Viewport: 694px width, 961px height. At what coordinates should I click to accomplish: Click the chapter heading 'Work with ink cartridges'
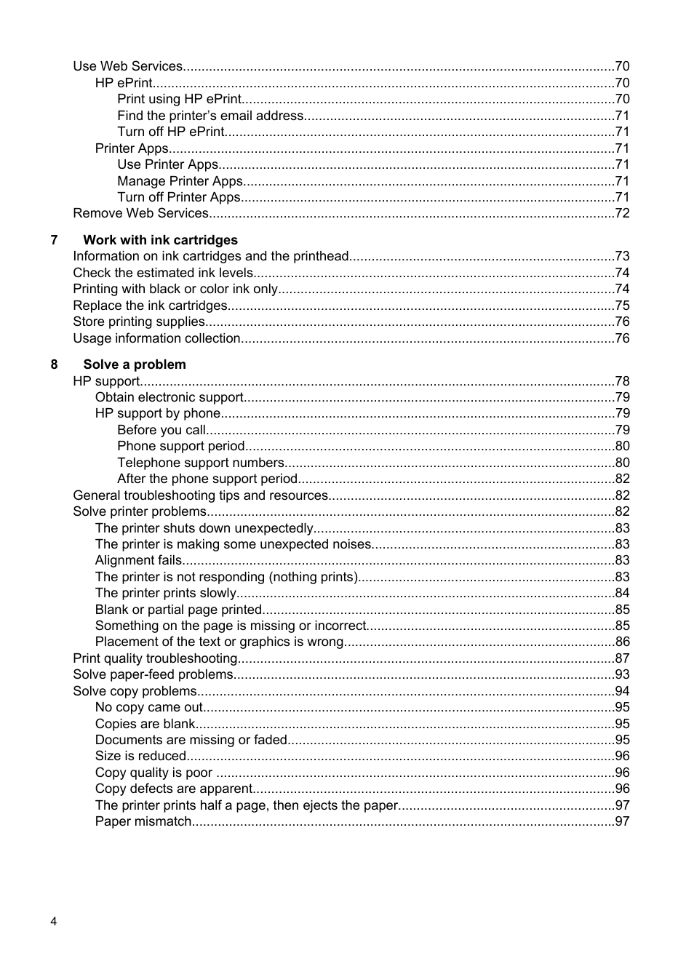(160, 240)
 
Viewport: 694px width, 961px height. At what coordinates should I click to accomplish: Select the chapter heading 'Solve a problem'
(134, 364)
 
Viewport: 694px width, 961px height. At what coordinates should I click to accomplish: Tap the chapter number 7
(54, 240)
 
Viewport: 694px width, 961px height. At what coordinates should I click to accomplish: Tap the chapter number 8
(54, 364)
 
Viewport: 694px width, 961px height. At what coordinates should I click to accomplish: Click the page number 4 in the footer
(54, 922)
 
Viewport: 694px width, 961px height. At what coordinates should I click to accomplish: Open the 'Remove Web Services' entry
(140, 213)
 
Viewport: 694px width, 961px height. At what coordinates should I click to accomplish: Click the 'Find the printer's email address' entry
(210, 116)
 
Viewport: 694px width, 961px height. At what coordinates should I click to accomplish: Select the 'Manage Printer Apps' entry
(180, 181)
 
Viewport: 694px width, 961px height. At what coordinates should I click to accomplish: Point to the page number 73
(622, 256)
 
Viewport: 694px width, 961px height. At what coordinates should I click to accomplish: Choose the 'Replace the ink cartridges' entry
(150, 306)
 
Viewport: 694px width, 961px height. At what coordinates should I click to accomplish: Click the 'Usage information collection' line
(156, 338)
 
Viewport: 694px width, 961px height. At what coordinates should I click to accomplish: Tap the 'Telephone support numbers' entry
(200, 463)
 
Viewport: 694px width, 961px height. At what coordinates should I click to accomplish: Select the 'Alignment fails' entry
(138, 560)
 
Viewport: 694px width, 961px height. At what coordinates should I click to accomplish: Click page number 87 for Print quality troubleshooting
(622, 658)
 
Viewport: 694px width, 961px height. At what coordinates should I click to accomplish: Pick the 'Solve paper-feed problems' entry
(153, 674)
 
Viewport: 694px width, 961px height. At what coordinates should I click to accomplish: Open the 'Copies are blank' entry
(145, 724)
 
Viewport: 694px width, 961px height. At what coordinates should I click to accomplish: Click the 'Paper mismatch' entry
(143, 821)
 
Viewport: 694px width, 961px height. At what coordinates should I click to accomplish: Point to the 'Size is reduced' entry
(140, 756)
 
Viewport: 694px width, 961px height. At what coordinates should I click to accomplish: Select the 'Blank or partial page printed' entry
(178, 610)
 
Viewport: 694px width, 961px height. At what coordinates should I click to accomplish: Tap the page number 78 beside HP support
(622, 381)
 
